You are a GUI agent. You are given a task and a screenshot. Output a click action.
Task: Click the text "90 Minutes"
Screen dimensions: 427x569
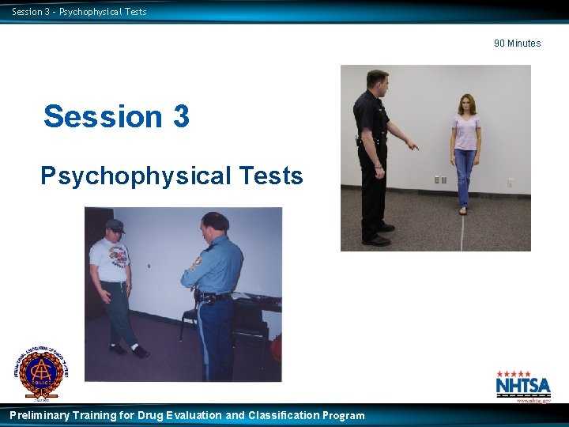point(517,43)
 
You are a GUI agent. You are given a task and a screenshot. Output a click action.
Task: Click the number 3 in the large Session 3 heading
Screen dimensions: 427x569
point(179,116)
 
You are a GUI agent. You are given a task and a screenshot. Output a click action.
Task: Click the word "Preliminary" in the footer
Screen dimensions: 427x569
point(40,415)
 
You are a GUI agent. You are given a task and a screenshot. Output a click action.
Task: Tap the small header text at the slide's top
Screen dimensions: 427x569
point(79,12)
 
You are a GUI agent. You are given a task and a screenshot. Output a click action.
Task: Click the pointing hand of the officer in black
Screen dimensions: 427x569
point(413,146)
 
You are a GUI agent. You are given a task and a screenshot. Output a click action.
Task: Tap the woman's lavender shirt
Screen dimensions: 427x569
point(465,131)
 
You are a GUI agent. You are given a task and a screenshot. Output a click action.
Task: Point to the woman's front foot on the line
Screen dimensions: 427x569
point(463,210)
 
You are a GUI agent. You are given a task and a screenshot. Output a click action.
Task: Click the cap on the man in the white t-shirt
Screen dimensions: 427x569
point(115,225)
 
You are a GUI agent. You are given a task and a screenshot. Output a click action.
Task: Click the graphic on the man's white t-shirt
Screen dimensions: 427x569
point(118,255)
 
